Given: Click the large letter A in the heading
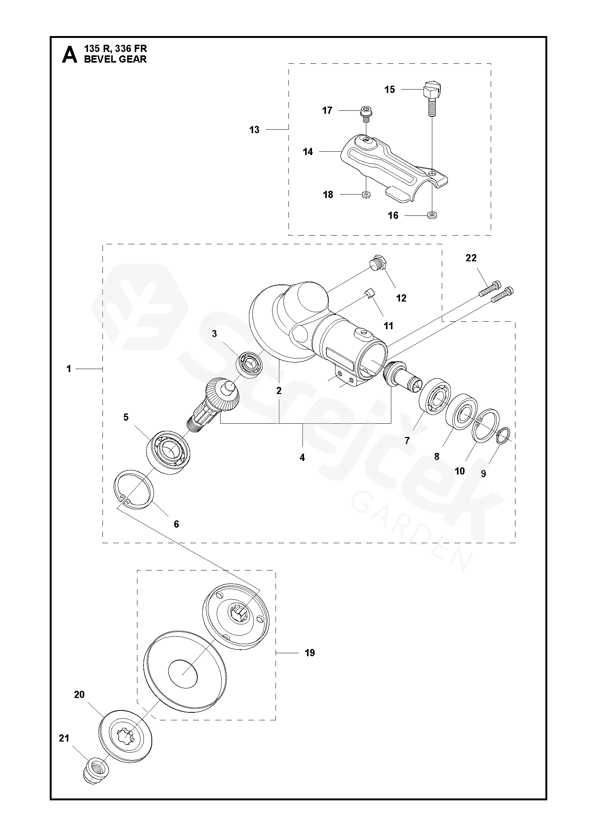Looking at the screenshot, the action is pyautogui.click(x=69, y=55).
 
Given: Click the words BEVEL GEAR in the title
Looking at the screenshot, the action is pyautogui.click(x=115, y=59).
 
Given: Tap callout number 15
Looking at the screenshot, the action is pyautogui.click(x=390, y=90).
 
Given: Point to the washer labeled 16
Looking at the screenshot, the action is pyautogui.click(x=432, y=215).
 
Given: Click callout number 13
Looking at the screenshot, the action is pyautogui.click(x=254, y=130).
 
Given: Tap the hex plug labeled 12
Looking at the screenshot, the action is pyautogui.click(x=378, y=263).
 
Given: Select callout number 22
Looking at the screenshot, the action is pyautogui.click(x=471, y=258).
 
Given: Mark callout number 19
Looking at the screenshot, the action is pyautogui.click(x=310, y=653).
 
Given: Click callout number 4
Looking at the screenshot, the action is pyautogui.click(x=302, y=458).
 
